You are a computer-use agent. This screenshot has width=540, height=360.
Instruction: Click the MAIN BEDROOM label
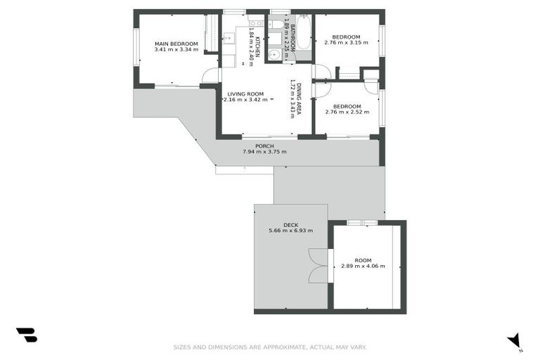176,44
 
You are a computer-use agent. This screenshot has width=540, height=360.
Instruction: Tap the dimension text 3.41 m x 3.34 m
176,50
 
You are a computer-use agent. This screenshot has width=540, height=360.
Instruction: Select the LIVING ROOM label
245,94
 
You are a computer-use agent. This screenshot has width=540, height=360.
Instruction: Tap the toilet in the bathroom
277,25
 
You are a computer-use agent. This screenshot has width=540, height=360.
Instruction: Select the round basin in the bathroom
276,53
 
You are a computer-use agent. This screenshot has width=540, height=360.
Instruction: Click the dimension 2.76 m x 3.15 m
346,43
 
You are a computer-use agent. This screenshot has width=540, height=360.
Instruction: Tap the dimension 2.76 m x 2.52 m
346,112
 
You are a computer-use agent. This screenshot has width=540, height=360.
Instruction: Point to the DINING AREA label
300,98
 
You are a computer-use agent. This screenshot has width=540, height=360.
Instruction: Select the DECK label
290,225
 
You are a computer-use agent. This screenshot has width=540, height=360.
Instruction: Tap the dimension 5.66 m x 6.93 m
290,231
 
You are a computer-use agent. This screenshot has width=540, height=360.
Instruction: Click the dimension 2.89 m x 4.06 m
363,266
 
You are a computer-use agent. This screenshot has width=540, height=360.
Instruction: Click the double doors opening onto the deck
319,266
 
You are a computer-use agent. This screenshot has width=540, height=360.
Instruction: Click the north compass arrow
515,340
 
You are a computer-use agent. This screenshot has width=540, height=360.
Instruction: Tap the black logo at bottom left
26,335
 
